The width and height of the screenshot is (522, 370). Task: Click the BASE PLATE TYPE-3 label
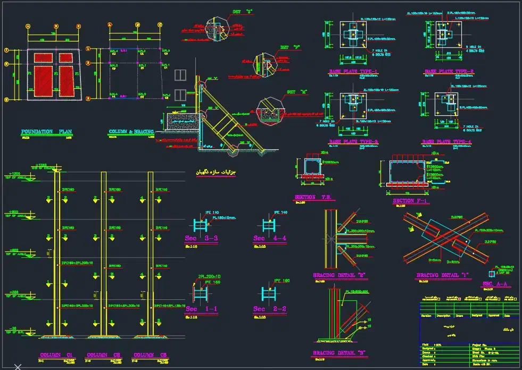click(x=353, y=141)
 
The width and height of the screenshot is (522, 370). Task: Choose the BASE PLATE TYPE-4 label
click(x=447, y=141)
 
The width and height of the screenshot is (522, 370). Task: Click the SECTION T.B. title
click(x=313, y=197)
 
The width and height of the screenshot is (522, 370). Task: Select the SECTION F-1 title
click(x=410, y=201)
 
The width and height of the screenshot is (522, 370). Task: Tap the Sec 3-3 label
click(x=201, y=238)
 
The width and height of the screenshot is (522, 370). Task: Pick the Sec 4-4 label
click(x=270, y=238)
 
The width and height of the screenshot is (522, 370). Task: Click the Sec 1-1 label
click(x=201, y=309)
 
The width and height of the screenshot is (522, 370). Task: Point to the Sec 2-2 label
click(x=270, y=309)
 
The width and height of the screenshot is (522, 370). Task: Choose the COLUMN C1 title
click(x=55, y=355)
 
